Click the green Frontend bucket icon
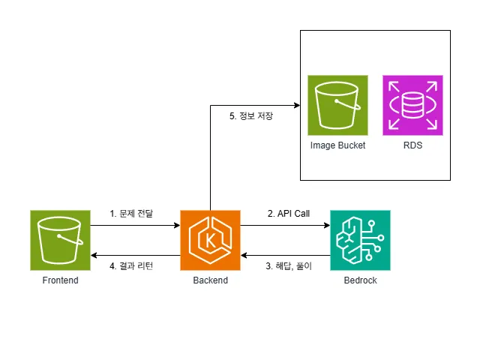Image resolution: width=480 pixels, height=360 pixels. point(60,240)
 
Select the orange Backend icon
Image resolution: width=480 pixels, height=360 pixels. point(210,240)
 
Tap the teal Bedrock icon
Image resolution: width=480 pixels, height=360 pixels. point(360,240)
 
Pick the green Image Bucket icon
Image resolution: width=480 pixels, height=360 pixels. point(337,105)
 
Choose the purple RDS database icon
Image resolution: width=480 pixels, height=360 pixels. point(412,105)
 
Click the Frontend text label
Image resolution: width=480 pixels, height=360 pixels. point(60,280)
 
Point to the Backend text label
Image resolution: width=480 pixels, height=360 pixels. point(210,280)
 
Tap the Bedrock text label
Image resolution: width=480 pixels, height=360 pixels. point(360,280)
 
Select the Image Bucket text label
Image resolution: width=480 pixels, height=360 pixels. point(337,145)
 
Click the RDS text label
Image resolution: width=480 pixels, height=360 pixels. point(412,145)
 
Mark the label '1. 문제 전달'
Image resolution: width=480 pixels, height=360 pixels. point(131,214)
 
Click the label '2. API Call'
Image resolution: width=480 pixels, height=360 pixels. point(289,214)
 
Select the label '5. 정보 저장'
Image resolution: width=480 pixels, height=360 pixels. point(251,116)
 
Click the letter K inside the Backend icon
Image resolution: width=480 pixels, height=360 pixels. point(210,241)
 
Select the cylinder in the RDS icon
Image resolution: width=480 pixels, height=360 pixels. point(412,105)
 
